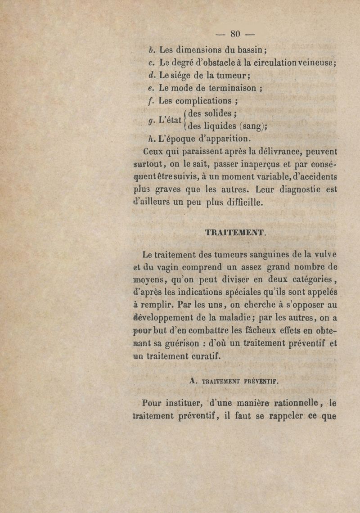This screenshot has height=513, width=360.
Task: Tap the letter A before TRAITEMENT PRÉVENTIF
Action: (x=193, y=380)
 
